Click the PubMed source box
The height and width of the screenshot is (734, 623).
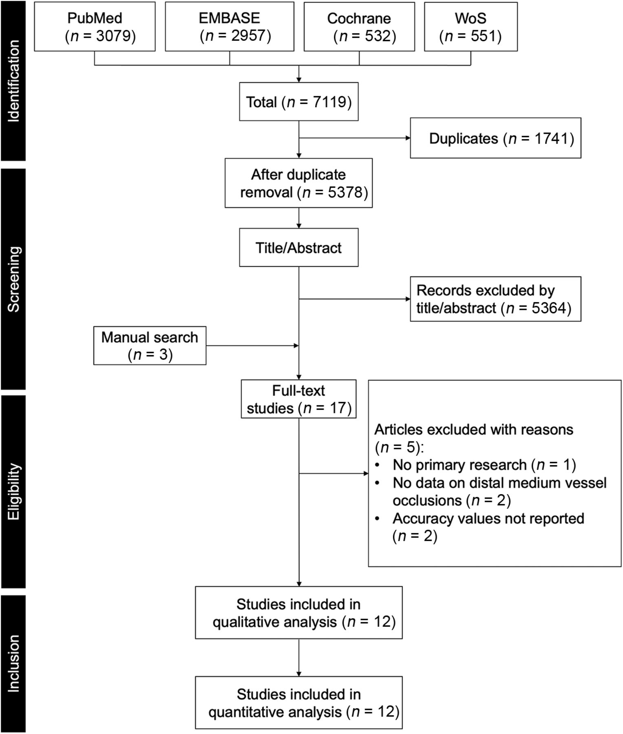[95, 27]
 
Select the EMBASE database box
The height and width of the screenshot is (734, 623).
[230, 27]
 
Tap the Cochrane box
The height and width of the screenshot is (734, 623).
[359, 27]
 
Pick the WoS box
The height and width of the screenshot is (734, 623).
[471, 27]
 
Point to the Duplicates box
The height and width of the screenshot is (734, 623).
[495, 138]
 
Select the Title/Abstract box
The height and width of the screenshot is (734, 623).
[299, 248]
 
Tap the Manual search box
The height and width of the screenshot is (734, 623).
[150, 345]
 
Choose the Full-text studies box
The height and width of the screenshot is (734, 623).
[299, 399]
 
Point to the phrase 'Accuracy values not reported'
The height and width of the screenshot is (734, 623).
[488, 518]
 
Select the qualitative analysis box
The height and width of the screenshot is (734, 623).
[299, 612]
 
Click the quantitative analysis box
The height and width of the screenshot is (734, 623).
[299, 703]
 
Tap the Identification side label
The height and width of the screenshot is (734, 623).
[13, 81]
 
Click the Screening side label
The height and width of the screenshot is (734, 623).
[13, 279]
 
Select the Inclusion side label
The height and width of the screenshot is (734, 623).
[13, 663]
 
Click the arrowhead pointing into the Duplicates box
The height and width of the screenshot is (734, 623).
[408, 138]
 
